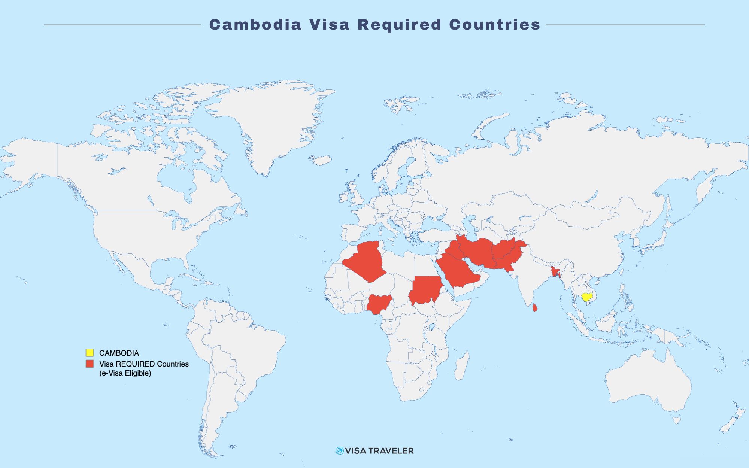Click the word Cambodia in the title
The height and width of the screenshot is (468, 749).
(x=255, y=25)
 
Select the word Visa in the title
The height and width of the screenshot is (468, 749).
(x=330, y=25)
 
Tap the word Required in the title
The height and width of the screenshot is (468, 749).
(x=399, y=25)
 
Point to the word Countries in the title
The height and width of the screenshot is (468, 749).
(x=495, y=25)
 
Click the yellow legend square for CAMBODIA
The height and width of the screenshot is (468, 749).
(x=90, y=353)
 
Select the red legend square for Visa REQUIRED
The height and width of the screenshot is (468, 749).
(x=90, y=364)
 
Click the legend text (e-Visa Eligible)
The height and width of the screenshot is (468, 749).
(x=125, y=373)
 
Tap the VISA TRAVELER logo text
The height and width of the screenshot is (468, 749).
(x=379, y=451)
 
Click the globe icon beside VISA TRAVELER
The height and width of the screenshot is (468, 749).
(x=339, y=451)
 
